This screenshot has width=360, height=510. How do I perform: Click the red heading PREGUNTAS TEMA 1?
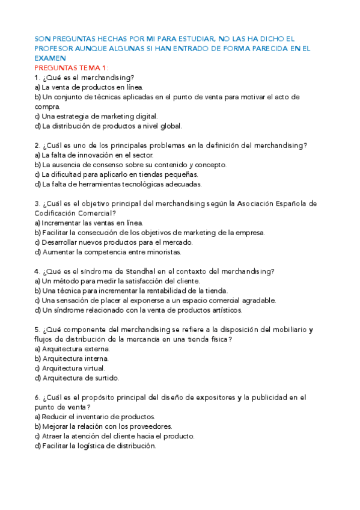(x=72, y=68)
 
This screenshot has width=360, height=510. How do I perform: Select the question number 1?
(x=37, y=78)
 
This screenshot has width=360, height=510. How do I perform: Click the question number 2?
(x=37, y=145)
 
